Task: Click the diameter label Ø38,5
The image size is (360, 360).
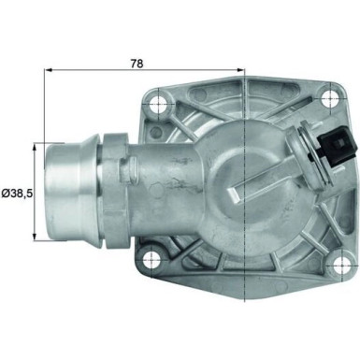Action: click(x=18, y=193)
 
